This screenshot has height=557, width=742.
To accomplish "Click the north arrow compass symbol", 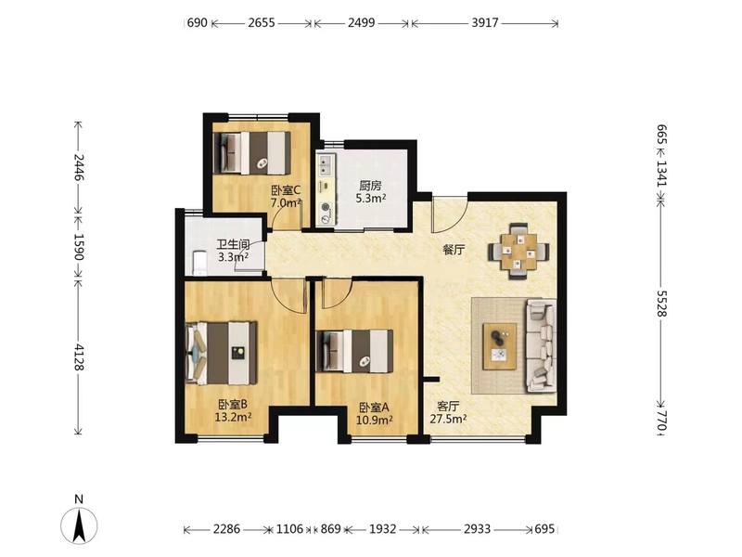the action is click(79, 525).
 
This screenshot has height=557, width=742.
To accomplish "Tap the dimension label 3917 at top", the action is click(484, 22).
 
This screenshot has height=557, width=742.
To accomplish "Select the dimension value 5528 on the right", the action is click(661, 304).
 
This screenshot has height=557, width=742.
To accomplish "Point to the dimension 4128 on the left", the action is click(79, 357).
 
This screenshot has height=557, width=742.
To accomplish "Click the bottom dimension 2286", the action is click(226, 528).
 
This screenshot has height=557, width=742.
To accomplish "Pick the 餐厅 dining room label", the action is click(454, 250).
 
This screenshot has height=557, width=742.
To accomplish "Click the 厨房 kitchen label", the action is click(370, 186).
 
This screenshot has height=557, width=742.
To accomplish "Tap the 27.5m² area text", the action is click(449, 419).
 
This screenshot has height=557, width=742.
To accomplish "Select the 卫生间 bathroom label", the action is click(234, 245).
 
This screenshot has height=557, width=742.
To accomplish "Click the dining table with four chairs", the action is click(519, 251).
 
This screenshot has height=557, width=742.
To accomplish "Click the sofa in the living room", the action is click(542, 345).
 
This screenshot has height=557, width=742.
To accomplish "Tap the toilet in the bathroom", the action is click(199, 264).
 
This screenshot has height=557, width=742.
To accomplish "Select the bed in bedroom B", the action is click(222, 354).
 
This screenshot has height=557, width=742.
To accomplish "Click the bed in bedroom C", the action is click(251, 152).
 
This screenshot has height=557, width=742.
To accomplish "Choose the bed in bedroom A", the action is click(354, 351).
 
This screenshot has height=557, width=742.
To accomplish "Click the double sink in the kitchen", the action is click(326, 164).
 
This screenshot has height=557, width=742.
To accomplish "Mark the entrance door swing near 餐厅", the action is click(450, 214).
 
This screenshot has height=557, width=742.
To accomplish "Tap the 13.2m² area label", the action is click(233, 417).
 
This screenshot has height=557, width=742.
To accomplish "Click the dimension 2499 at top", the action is click(362, 22).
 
